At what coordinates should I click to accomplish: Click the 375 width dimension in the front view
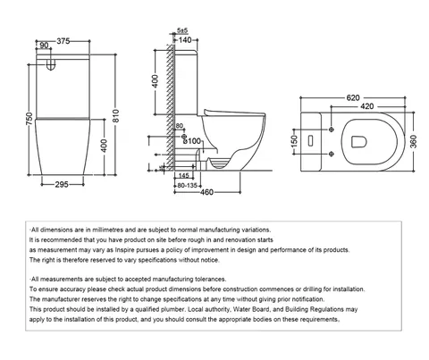(63, 41)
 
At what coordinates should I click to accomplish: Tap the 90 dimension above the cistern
(44, 46)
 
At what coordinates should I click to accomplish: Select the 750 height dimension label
(29, 119)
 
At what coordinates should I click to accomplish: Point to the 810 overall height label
(116, 116)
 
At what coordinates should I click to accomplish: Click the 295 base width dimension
(62, 185)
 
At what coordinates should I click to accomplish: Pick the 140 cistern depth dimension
(185, 40)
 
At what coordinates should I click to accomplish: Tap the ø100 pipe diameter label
(192, 141)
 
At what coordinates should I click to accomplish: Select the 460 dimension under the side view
(206, 192)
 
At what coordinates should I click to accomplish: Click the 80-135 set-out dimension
(187, 186)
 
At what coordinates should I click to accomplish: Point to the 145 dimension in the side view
(184, 176)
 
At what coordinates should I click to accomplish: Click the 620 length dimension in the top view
(353, 97)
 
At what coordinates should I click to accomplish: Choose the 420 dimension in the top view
(367, 106)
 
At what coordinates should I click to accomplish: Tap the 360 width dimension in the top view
(414, 141)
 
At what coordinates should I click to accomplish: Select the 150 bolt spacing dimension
(294, 141)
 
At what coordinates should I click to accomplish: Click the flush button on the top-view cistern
(310, 140)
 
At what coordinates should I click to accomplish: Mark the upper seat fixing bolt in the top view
(332, 130)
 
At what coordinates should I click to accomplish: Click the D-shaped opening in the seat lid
(358, 142)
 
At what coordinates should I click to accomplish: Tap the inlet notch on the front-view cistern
(51, 64)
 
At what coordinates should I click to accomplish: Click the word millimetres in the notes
(107, 230)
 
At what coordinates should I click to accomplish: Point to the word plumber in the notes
(173, 309)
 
